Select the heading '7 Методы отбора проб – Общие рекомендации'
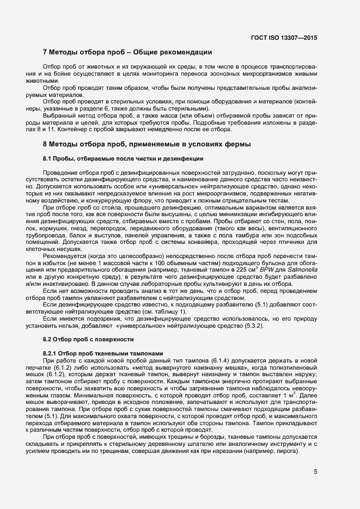point(127,52)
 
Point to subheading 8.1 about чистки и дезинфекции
point(123,158)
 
